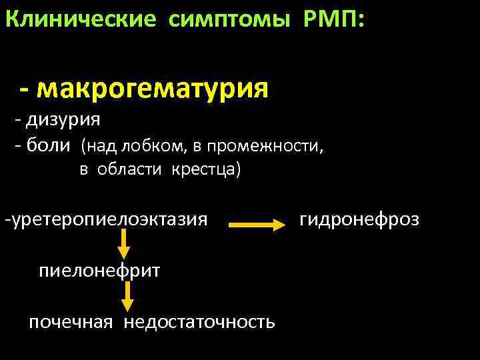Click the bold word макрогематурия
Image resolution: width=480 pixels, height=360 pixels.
coord(154,87)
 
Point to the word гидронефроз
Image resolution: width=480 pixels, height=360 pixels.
coord(359,218)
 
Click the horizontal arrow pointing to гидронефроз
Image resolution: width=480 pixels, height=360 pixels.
coord(257,225)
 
